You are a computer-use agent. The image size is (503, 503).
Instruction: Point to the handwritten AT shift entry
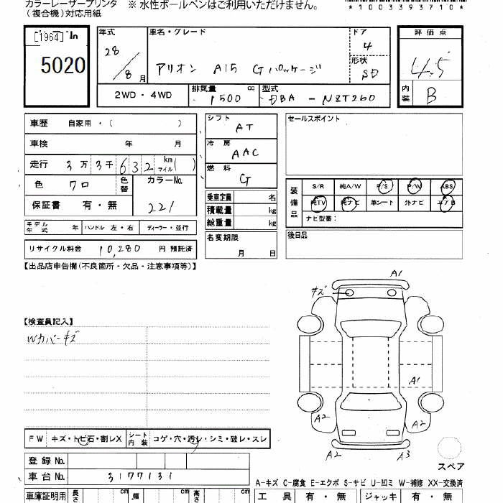pyautogui.click(x=244, y=126)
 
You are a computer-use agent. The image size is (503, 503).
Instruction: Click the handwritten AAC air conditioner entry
pyautogui.click(x=245, y=152)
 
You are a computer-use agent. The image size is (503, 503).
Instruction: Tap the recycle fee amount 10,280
pyautogui.click(x=115, y=248)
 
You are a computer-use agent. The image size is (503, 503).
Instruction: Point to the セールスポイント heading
pyautogui.click(x=313, y=119)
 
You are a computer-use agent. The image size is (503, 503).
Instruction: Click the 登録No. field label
pyautogui.click(x=47, y=460)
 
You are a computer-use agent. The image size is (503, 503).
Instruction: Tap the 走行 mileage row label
pyautogui.click(x=39, y=164)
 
